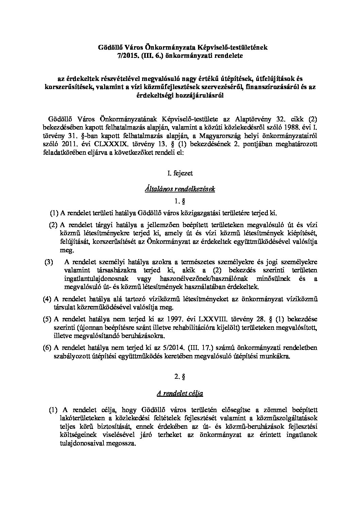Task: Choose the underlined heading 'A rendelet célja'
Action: click(x=180, y=394)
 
